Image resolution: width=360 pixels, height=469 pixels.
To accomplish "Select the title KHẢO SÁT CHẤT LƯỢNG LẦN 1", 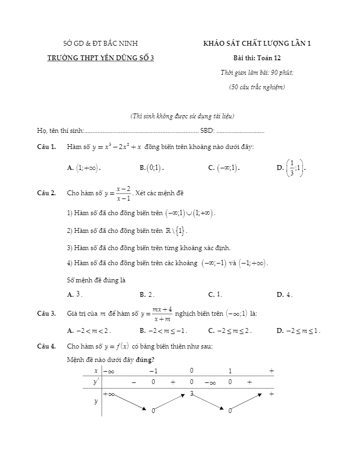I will click(257, 44).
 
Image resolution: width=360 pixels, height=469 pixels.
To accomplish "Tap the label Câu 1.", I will click(46, 147).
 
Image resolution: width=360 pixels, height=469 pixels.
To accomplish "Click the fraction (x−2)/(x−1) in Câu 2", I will click(124, 193).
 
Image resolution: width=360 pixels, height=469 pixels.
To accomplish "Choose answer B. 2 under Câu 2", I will click(147, 294).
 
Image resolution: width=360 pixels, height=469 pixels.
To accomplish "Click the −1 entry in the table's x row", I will click(153, 371).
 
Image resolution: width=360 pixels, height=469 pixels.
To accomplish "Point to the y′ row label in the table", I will click(96, 382).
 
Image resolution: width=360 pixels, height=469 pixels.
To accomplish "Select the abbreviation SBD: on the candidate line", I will click(207, 130).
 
